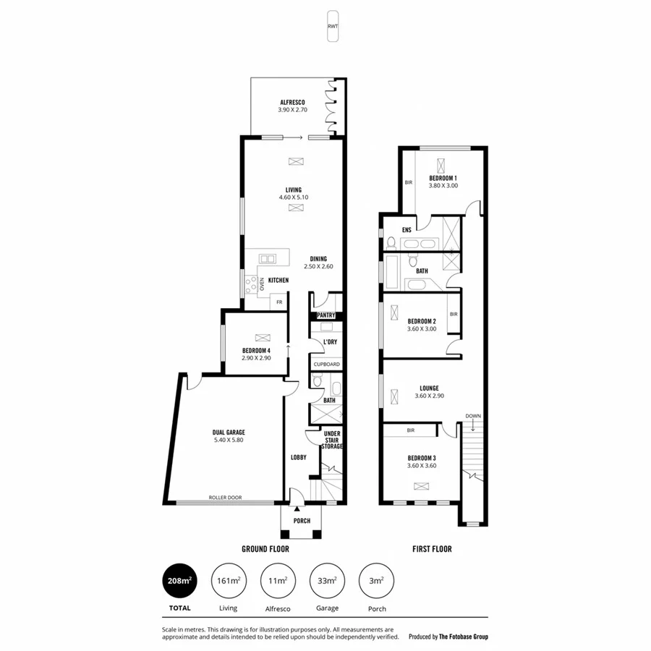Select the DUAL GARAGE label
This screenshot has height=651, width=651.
point(228,433)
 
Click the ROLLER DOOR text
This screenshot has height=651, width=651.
point(225,498)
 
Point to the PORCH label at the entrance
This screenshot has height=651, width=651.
point(302,521)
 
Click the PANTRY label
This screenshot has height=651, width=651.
point(325,315)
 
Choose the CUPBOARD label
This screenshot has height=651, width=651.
point(325,365)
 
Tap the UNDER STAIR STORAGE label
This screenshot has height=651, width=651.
point(331,440)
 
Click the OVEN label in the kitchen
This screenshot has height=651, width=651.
point(262,286)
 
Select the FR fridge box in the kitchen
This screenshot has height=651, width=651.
point(278,302)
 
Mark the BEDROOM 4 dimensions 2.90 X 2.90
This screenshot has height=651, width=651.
point(256,358)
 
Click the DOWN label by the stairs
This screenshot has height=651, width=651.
point(473,416)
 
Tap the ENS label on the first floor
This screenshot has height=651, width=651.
point(407,230)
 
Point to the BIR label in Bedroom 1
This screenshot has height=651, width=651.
point(409,182)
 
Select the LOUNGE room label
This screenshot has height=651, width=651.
point(429,388)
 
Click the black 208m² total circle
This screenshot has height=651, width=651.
point(180,580)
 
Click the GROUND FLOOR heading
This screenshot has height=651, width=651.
point(265,549)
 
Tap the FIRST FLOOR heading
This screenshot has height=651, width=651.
point(432,549)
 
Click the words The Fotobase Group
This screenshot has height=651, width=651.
point(464,637)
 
